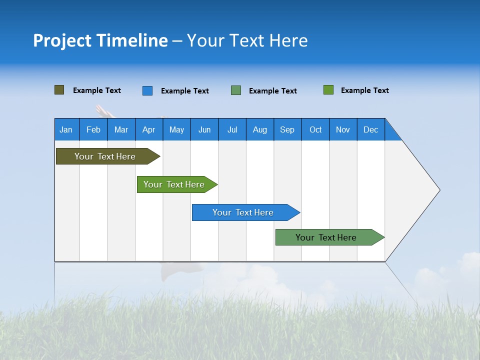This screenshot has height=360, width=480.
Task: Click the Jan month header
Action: tap(66, 129)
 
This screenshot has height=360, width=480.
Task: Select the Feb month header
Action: tap(93, 129)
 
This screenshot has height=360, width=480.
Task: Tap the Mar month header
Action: tap(121, 129)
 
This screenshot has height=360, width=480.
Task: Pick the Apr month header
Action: tap(149, 129)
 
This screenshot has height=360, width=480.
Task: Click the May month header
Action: tap(176, 129)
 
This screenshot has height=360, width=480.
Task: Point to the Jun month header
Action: tap(204, 129)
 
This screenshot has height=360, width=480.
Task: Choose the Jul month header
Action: tap(232, 129)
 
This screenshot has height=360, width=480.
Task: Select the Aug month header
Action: tap(260, 129)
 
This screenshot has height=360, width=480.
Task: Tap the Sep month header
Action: tap(287, 129)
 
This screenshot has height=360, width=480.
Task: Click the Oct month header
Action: tap(315, 129)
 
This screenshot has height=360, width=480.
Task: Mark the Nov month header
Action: tap(343, 129)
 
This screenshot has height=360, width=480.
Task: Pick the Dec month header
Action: tap(371, 129)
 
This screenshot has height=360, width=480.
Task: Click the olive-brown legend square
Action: tap(59, 90)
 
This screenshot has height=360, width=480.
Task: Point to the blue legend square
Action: tap(147, 90)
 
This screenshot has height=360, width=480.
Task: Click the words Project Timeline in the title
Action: tap(100, 40)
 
